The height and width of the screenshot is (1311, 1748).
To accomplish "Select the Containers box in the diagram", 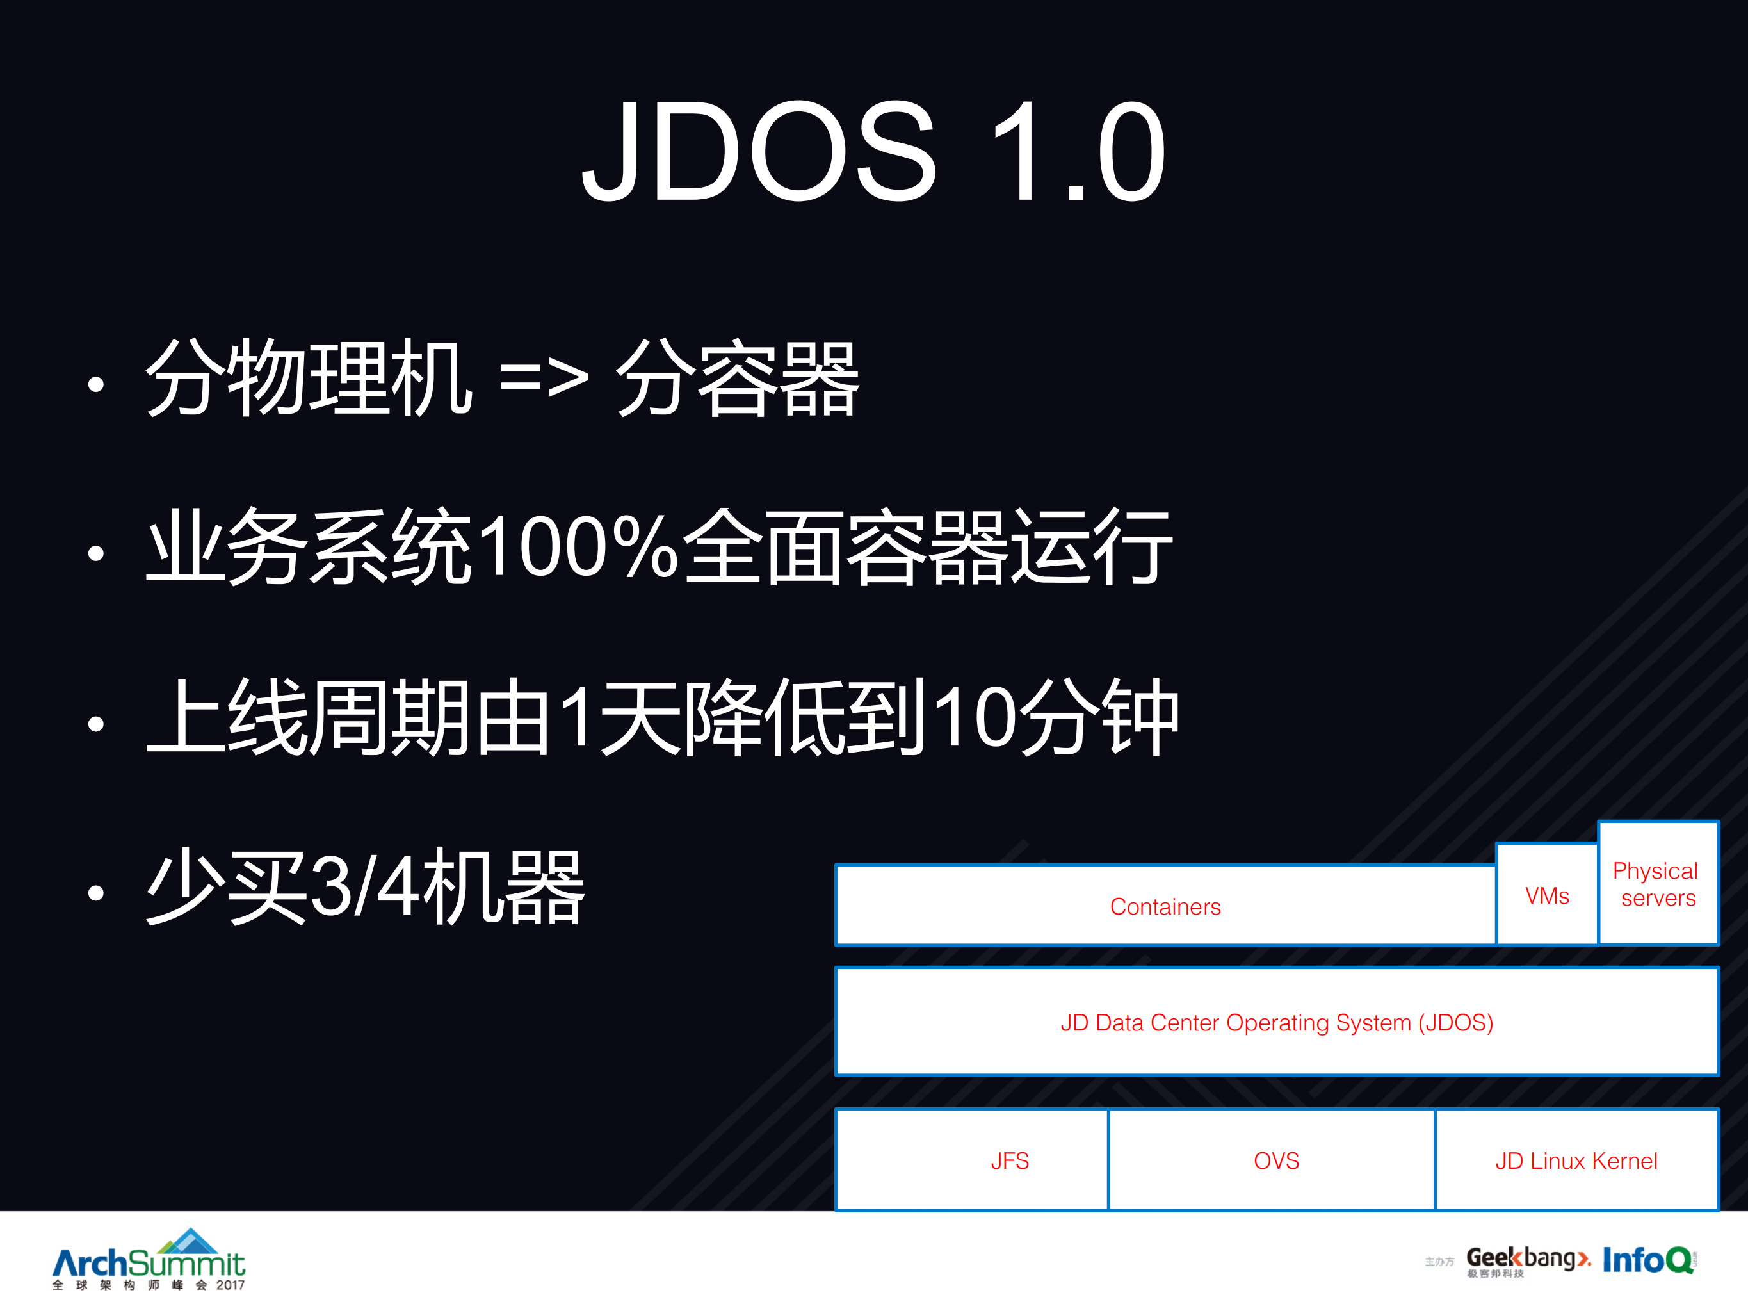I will [x=1165, y=906].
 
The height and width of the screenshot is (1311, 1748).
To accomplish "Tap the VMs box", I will [x=1546, y=895].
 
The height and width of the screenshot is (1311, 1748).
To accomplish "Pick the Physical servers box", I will [x=1657, y=883].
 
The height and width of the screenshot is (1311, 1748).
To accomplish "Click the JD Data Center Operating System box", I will [x=1276, y=1022].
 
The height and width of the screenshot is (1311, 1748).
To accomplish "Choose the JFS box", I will [x=1010, y=1160].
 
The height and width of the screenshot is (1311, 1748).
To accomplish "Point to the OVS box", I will [x=1275, y=1160].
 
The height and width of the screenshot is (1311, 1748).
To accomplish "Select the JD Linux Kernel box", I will [x=1576, y=1160].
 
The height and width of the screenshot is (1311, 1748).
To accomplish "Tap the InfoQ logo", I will [x=1648, y=1260].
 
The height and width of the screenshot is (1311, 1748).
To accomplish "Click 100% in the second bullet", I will [x=577, y=547].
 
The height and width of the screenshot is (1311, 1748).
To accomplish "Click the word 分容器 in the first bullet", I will [x=736, y=378].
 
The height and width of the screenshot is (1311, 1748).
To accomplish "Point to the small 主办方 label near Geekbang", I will [x=1439, y=1262].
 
